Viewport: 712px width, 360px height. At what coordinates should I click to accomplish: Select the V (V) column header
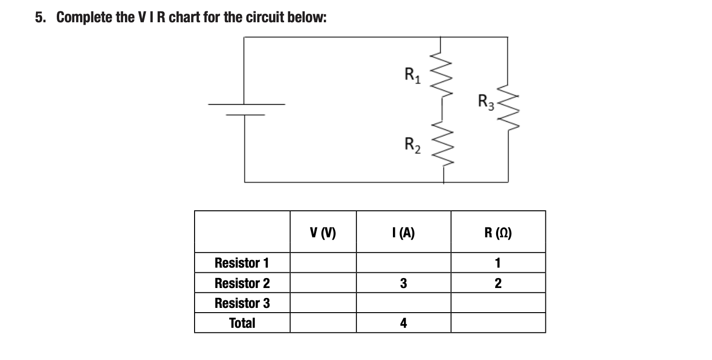pyautogui.click(x=323, y=233)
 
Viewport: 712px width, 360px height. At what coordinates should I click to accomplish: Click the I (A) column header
pyautogui.click(x=403, y=233)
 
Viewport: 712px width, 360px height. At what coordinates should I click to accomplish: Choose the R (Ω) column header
pyautogui.click(x=498, y=233)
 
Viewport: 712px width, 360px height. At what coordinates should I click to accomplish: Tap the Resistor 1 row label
pyautogui.click(x=241, y=262)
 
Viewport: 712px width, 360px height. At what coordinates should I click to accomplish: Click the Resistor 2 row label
pyautogui.click(x=242, y=283)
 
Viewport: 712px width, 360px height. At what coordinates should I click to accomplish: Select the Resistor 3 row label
pyautogui.click(x=242, y=303)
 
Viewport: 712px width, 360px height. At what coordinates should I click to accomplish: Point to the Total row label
pyautogui.click(x=242, y=323)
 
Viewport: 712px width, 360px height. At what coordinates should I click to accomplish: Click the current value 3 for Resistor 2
pyautogui.click(x=403, y=283)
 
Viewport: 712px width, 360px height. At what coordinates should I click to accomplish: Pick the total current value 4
pyautogui.click(x=403, y=323)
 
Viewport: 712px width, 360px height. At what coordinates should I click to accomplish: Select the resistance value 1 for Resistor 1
pyautogui.click(x=498, y=262)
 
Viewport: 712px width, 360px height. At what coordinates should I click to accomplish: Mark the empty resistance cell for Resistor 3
pyautogui.click(x=498, y=303)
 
